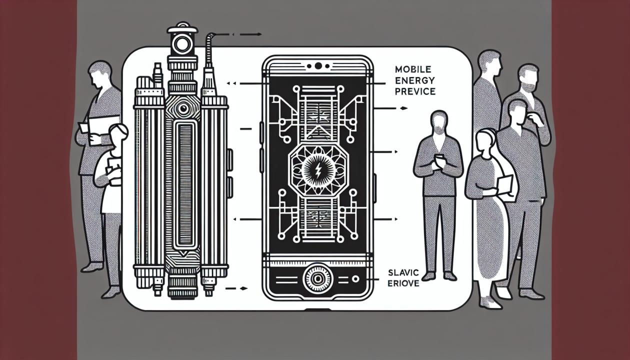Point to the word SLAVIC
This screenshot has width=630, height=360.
pos(401,272)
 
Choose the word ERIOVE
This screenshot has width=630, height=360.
pos(402,283)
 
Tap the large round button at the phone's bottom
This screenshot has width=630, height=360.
pos(317,277)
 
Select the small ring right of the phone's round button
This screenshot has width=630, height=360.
pos(355,278)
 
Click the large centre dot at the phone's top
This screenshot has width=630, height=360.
pos(317,65)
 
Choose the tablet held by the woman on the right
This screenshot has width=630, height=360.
pos(505,186)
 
